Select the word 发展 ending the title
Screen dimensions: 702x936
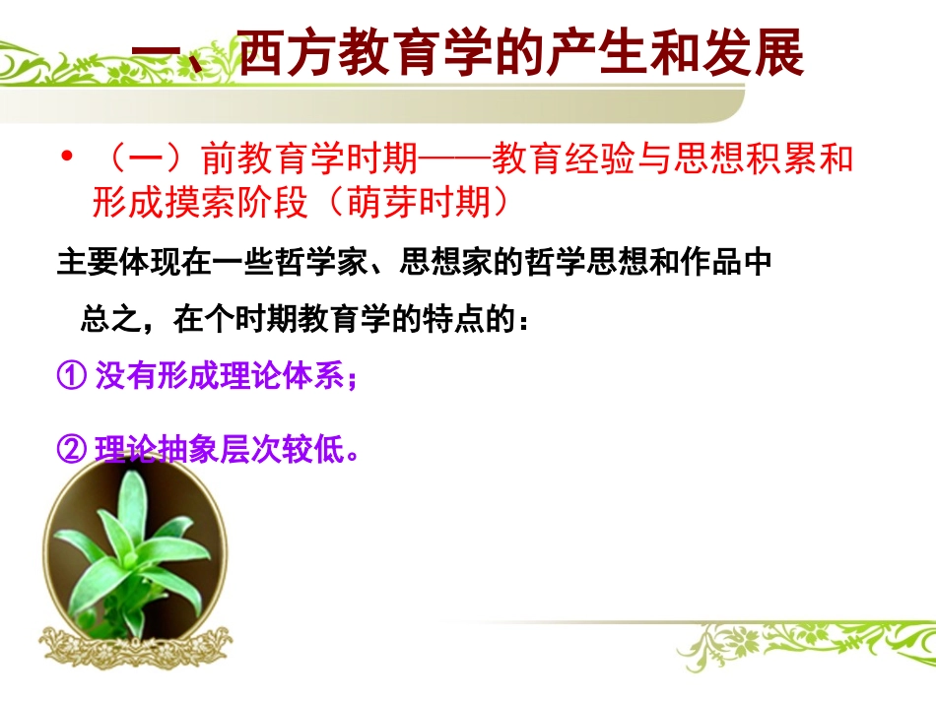(x=761, y=55)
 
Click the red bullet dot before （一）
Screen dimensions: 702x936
(x=67, y=157)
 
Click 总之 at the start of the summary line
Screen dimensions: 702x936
(x=103, y=319)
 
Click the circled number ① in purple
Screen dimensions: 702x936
(x=71, y=377)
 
